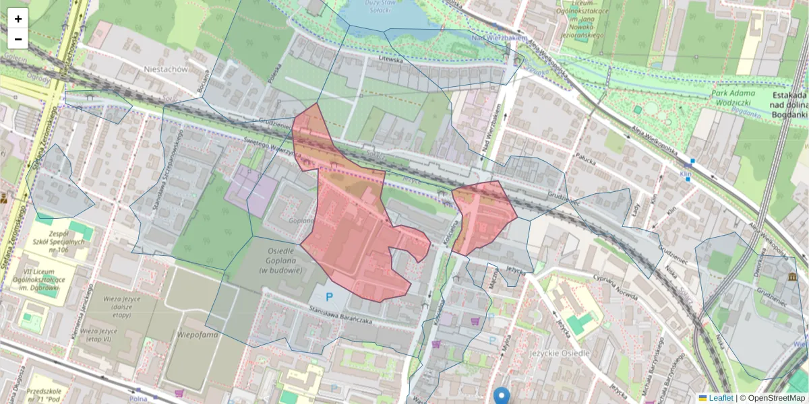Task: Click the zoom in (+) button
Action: click(18, 19)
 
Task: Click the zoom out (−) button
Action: click(18, 39)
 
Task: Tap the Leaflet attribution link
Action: click(720, 398)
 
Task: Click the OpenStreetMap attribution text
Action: click(776, 398)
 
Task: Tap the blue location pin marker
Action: click(501, 395)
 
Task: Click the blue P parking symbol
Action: click(330, 296)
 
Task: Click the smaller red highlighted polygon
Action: click(483, 215)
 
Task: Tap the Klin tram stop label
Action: click(686, 173)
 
